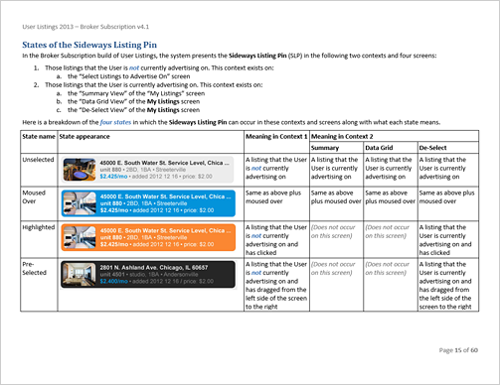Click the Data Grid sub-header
coord(383,147)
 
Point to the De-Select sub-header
coord(437,147)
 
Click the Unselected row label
coord(39,159)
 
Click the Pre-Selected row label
coord(35,270)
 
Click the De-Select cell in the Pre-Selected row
coord(447,285)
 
